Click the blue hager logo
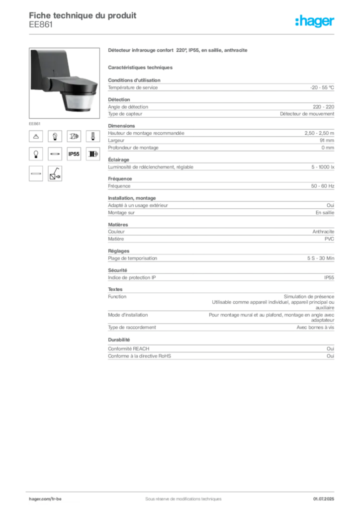[315, 21]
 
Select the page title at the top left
[82, 15]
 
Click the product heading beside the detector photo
[177, 52]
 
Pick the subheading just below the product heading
[141, 67]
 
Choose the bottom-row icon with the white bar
[36, 173]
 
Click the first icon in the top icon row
[36, 136]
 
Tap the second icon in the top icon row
[55, 136]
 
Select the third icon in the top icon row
[74, 136]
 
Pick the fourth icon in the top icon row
[92, 136]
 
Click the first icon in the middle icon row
[36, 154]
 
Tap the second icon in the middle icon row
[55, 154]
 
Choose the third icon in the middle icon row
[74, 154]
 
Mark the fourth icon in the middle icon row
[92, 154]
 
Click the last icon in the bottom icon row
[55, 173]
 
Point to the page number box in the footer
[326, 495]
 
